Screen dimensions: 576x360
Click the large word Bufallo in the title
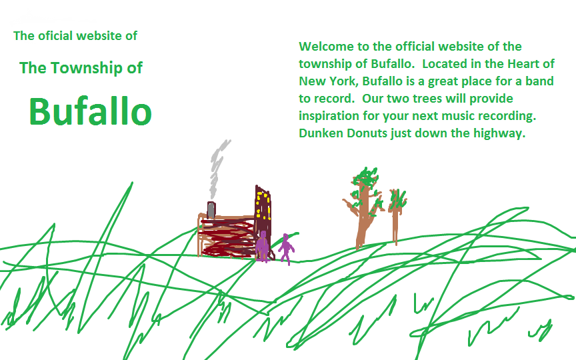click(91, 111)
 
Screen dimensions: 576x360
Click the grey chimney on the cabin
click(211, 210)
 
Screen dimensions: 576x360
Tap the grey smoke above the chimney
click(218, 169)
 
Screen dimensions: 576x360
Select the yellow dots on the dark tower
click(263, 206)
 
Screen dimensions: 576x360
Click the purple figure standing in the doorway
click(262, 246)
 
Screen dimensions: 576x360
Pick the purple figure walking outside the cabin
click(286, 249)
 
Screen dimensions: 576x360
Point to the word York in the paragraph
click(343, 81)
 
